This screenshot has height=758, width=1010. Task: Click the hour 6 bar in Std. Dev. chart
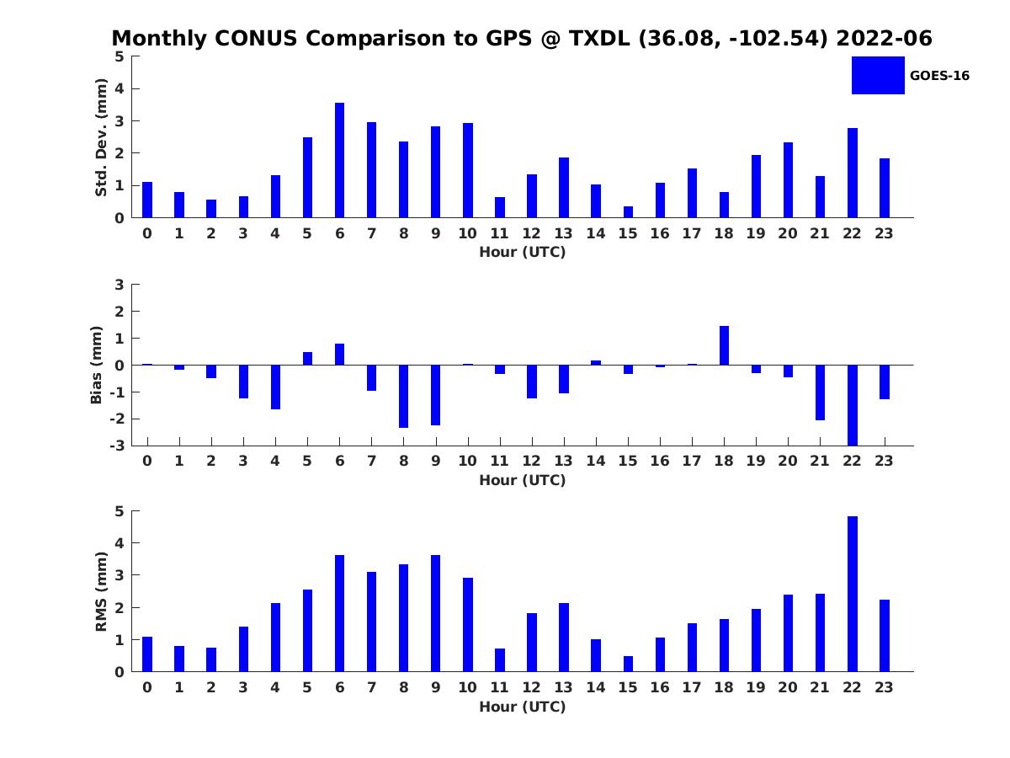339,160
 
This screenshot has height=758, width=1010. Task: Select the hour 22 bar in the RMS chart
852,594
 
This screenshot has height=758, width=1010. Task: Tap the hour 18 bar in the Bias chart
724,345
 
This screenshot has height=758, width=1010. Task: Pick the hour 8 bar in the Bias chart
403,396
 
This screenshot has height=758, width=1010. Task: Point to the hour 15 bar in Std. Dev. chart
628,211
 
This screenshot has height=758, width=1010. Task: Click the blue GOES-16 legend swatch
878,75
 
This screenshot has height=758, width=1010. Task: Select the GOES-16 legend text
939,76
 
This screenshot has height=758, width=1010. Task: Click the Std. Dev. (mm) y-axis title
101,137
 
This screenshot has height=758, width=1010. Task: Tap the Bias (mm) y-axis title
96,365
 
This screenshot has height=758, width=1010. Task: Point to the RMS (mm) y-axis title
101,591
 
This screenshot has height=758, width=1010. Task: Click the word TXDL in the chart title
599,38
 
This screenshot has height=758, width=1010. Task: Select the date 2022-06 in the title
884,38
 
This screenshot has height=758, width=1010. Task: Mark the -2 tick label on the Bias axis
117,419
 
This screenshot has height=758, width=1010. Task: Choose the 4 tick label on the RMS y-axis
120,543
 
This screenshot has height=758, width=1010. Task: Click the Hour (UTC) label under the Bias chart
523,480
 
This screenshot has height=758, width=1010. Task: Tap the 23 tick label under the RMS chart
884,687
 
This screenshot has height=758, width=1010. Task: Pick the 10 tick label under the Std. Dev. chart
467,233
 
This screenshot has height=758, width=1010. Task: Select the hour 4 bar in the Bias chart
275,387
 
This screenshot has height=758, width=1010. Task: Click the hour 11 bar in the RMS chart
500,660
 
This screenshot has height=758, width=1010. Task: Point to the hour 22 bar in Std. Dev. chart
852,173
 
